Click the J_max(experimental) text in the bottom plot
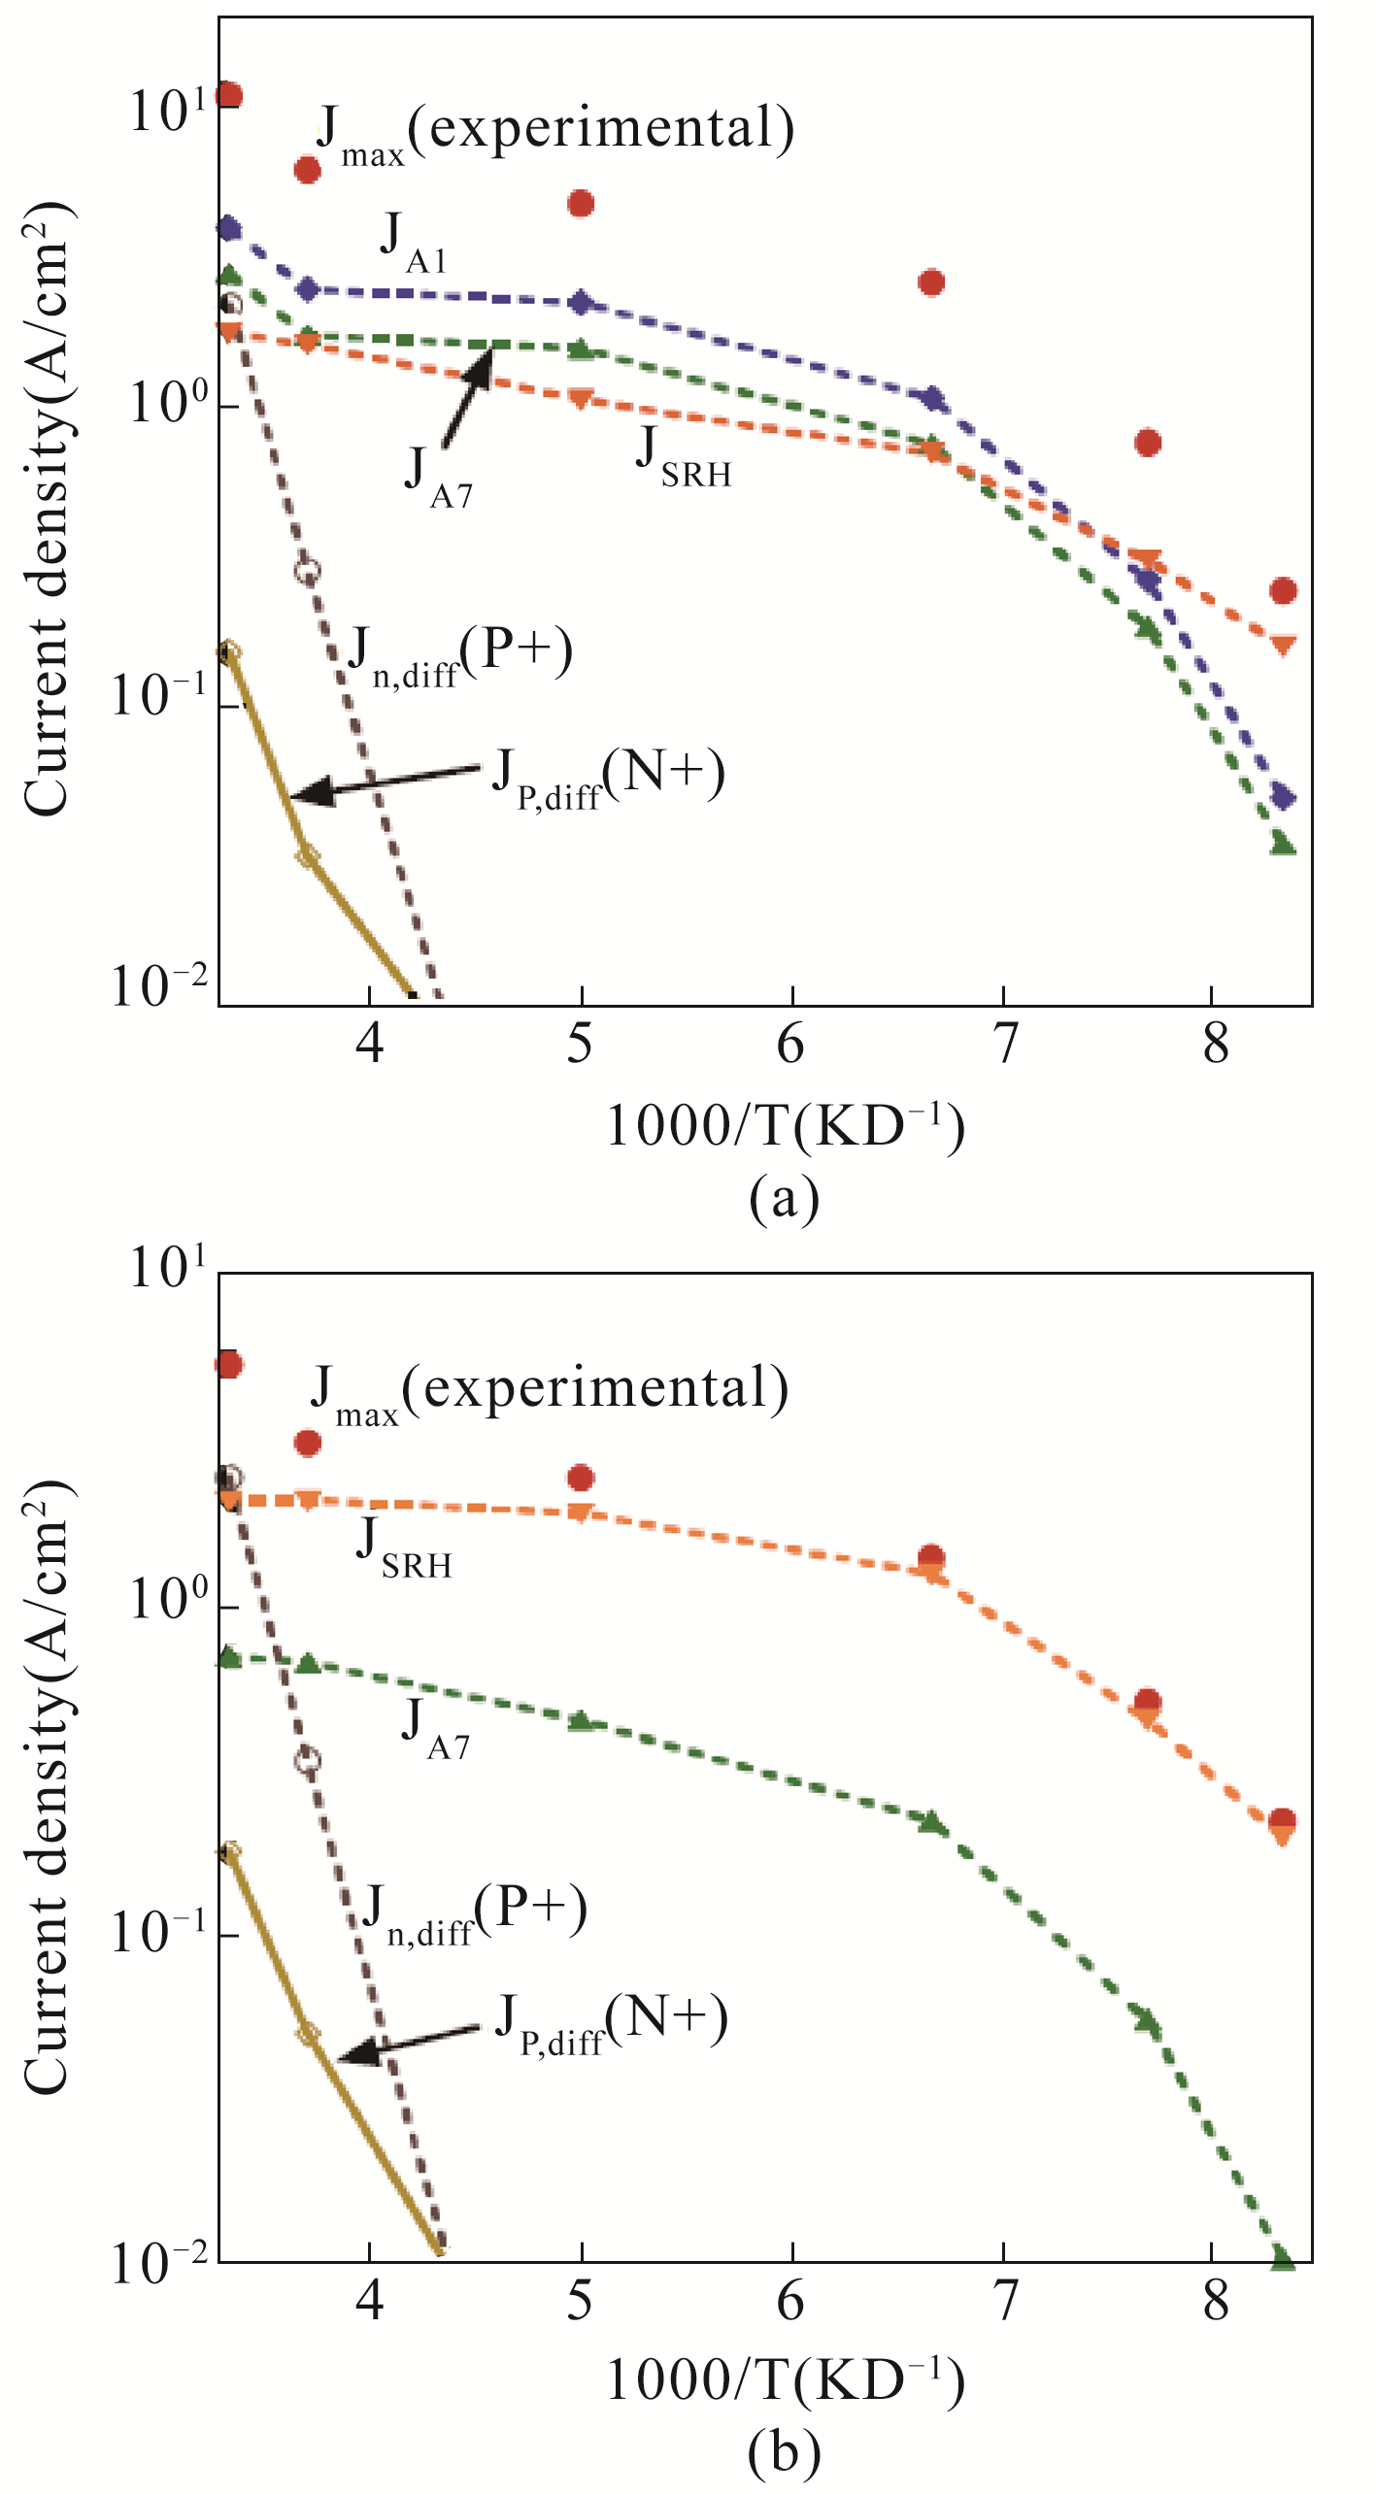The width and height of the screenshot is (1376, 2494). coord(550,1391)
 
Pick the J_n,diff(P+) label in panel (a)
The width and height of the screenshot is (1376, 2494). coord(459,656)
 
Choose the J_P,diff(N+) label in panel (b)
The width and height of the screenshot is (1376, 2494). coord(611,2024)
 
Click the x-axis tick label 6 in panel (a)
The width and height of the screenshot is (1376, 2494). coord(790,1045)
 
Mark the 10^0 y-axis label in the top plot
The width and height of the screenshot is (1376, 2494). coord(169,401)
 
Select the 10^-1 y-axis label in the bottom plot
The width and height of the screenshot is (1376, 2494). coord(159,1931)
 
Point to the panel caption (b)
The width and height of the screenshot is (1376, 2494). coord(784,2452)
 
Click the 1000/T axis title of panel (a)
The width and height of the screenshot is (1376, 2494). coord(785,1127)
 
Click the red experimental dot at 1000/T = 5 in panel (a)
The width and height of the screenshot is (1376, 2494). coord(581,204)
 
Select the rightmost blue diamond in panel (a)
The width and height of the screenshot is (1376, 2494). coord(1283,797)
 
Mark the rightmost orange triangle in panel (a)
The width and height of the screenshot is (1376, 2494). coord(1283,645)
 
